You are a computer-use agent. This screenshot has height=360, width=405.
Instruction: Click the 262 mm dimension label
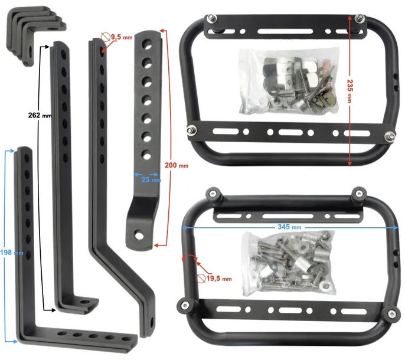point(40,115)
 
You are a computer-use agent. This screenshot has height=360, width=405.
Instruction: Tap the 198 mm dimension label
point(12,253)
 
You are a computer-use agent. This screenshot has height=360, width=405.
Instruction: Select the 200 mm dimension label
point(177,165)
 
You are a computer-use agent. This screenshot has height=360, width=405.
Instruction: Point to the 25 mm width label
point(151,179)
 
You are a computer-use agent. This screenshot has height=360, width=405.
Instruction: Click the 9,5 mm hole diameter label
point(122,37)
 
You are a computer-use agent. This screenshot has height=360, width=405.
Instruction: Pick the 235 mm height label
point(350,91)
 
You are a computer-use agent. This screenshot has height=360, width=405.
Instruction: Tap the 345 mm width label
point(289,227)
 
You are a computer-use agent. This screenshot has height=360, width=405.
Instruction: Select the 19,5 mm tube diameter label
point(219,279)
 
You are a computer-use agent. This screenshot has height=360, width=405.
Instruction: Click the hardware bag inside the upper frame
point(289,81)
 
